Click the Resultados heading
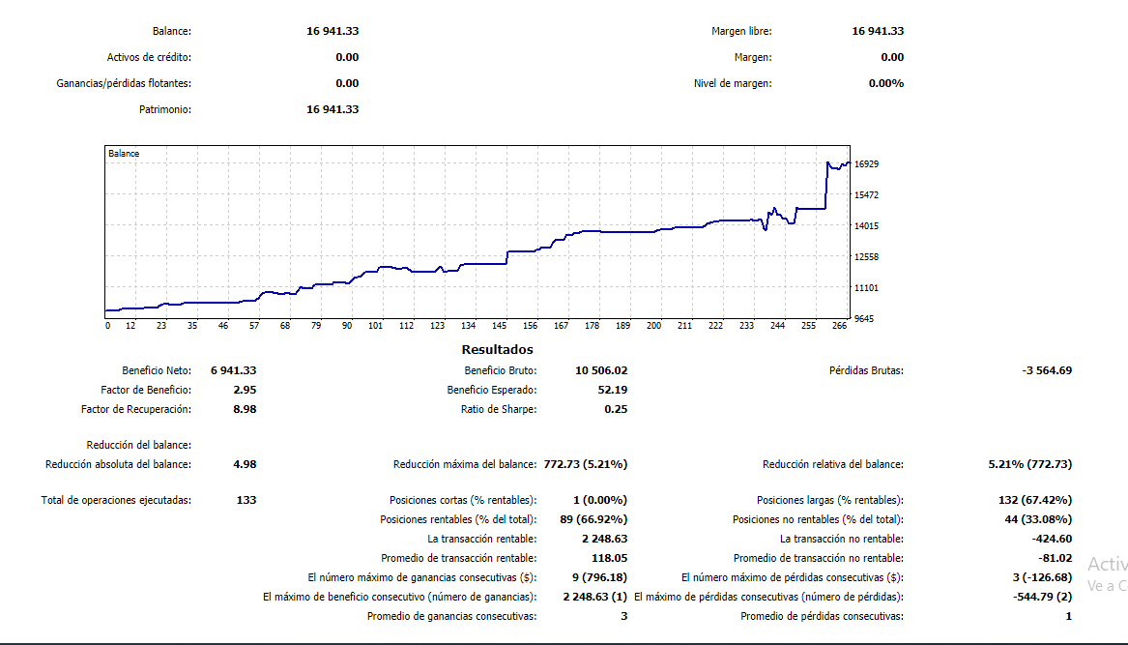(x=497, y=350)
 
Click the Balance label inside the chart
(x=124, y=154)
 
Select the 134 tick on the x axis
(x=468, y=326)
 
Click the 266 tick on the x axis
(x=838, y=326)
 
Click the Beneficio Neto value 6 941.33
(x=233, y=370)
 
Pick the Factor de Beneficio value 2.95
(x=245, y=390)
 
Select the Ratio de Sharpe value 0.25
(x=616, y=409)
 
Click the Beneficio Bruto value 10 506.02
(x=601, y=370)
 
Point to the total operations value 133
(x=246, y=500)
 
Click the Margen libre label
(x=741, y=32)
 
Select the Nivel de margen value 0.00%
(x=886, y=83)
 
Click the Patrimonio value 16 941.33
(x=333, y=109)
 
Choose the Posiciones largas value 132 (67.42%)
(x=1035, y=500)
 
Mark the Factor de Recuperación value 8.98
(x=245, y=409)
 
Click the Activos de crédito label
(x=149, y=57)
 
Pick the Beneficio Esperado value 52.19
(x=613, y=390)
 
